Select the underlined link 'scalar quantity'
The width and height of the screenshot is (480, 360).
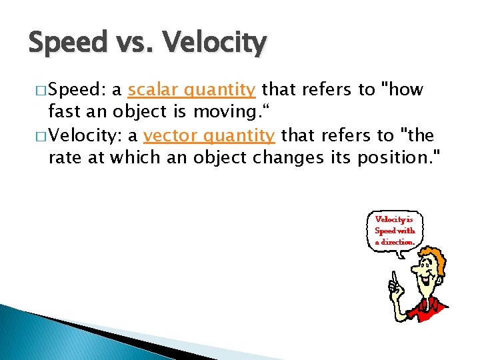pos(192,90)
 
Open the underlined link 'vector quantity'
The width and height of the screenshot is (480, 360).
pos(209,136)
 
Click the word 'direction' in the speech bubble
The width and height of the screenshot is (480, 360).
pos(399,241)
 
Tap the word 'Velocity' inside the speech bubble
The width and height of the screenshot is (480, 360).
pos(389,219)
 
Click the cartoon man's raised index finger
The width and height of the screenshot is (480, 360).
pos(394,277)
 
